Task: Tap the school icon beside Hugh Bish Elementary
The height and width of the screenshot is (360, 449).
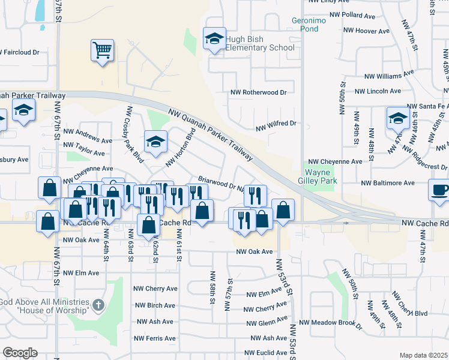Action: coord(214,39)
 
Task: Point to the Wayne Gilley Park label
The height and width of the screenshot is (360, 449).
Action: coord(321,175)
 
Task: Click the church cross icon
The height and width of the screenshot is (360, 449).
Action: coord(97,306)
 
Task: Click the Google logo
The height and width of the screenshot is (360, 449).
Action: coord(20,353)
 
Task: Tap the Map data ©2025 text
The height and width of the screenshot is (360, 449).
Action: coord(423,355)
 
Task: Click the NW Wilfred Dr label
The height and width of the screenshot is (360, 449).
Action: coord(276,124)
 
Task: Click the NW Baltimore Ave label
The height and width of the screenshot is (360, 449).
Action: coord(388,182)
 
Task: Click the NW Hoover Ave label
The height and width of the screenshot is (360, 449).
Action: coord(367,30)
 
